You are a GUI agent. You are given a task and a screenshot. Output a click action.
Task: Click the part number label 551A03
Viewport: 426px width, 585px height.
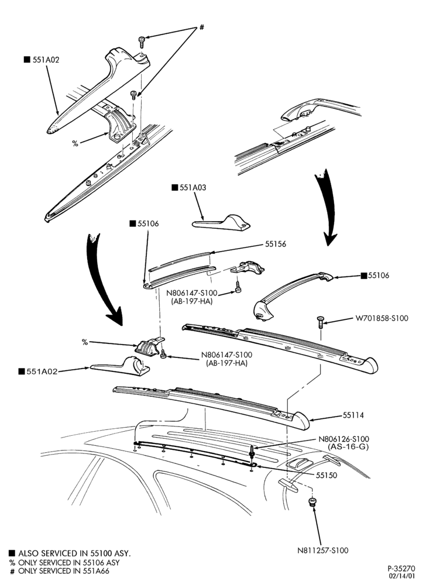point(193,188)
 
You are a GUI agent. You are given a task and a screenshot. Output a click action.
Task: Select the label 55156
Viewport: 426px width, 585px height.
point(276,244)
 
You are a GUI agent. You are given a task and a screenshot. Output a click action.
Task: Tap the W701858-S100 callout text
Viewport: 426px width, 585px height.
point(382,318)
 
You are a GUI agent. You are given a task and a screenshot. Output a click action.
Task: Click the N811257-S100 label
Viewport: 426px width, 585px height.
point(322,550)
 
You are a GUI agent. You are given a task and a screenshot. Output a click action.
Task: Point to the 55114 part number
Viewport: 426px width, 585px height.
point(353,415)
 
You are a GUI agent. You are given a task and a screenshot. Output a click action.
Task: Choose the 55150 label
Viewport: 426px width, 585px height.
point(327,475)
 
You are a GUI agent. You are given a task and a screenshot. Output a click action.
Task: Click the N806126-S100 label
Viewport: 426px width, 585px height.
point(343,439)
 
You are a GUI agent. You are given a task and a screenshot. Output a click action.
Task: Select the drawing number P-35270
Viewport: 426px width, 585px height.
point(401,569)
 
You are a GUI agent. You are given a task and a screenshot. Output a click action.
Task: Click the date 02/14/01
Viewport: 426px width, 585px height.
point(402,576)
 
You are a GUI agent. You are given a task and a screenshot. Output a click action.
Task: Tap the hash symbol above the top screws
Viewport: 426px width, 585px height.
point(202,27)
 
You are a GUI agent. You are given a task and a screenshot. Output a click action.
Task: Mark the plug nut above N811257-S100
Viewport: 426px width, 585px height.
point(312,502)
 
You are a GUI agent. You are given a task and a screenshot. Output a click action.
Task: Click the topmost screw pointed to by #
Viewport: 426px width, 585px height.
point(142,42)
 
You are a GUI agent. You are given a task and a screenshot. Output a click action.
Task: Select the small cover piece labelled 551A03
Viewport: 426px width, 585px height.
point(221,222)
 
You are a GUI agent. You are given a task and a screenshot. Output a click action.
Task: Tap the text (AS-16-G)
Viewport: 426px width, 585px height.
point(348,446)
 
